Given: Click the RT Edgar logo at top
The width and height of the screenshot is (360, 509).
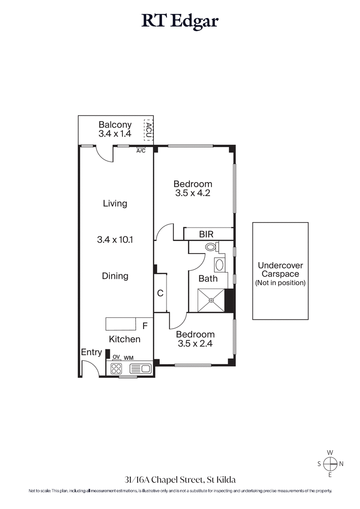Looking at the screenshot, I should point(180,21).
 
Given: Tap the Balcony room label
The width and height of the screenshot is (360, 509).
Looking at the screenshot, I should point(115,125).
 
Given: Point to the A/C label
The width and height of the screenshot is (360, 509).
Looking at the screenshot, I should point(141,151).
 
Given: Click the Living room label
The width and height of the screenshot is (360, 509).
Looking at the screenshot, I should point(115,203).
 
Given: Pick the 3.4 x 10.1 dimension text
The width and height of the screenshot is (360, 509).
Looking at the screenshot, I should point(115,240).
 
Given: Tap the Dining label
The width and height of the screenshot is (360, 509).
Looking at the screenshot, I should point(115,276).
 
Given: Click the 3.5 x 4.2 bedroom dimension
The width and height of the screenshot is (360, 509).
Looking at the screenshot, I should point(193,194).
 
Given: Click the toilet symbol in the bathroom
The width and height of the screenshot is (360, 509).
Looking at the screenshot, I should point(211,247).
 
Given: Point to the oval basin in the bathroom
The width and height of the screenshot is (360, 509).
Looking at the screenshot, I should point(219,264).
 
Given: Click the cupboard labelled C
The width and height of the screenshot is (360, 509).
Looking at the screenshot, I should point(160,293).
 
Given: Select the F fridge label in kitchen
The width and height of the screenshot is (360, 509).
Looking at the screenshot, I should point(144,325).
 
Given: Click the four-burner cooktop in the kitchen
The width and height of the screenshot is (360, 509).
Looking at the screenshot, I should point(117,369).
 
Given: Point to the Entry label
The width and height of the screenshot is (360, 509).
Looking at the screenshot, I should point(91,353).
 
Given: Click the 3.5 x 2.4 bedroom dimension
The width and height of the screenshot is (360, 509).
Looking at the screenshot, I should point(195,344).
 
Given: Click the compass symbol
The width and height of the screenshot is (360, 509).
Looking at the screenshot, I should point(330,463).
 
